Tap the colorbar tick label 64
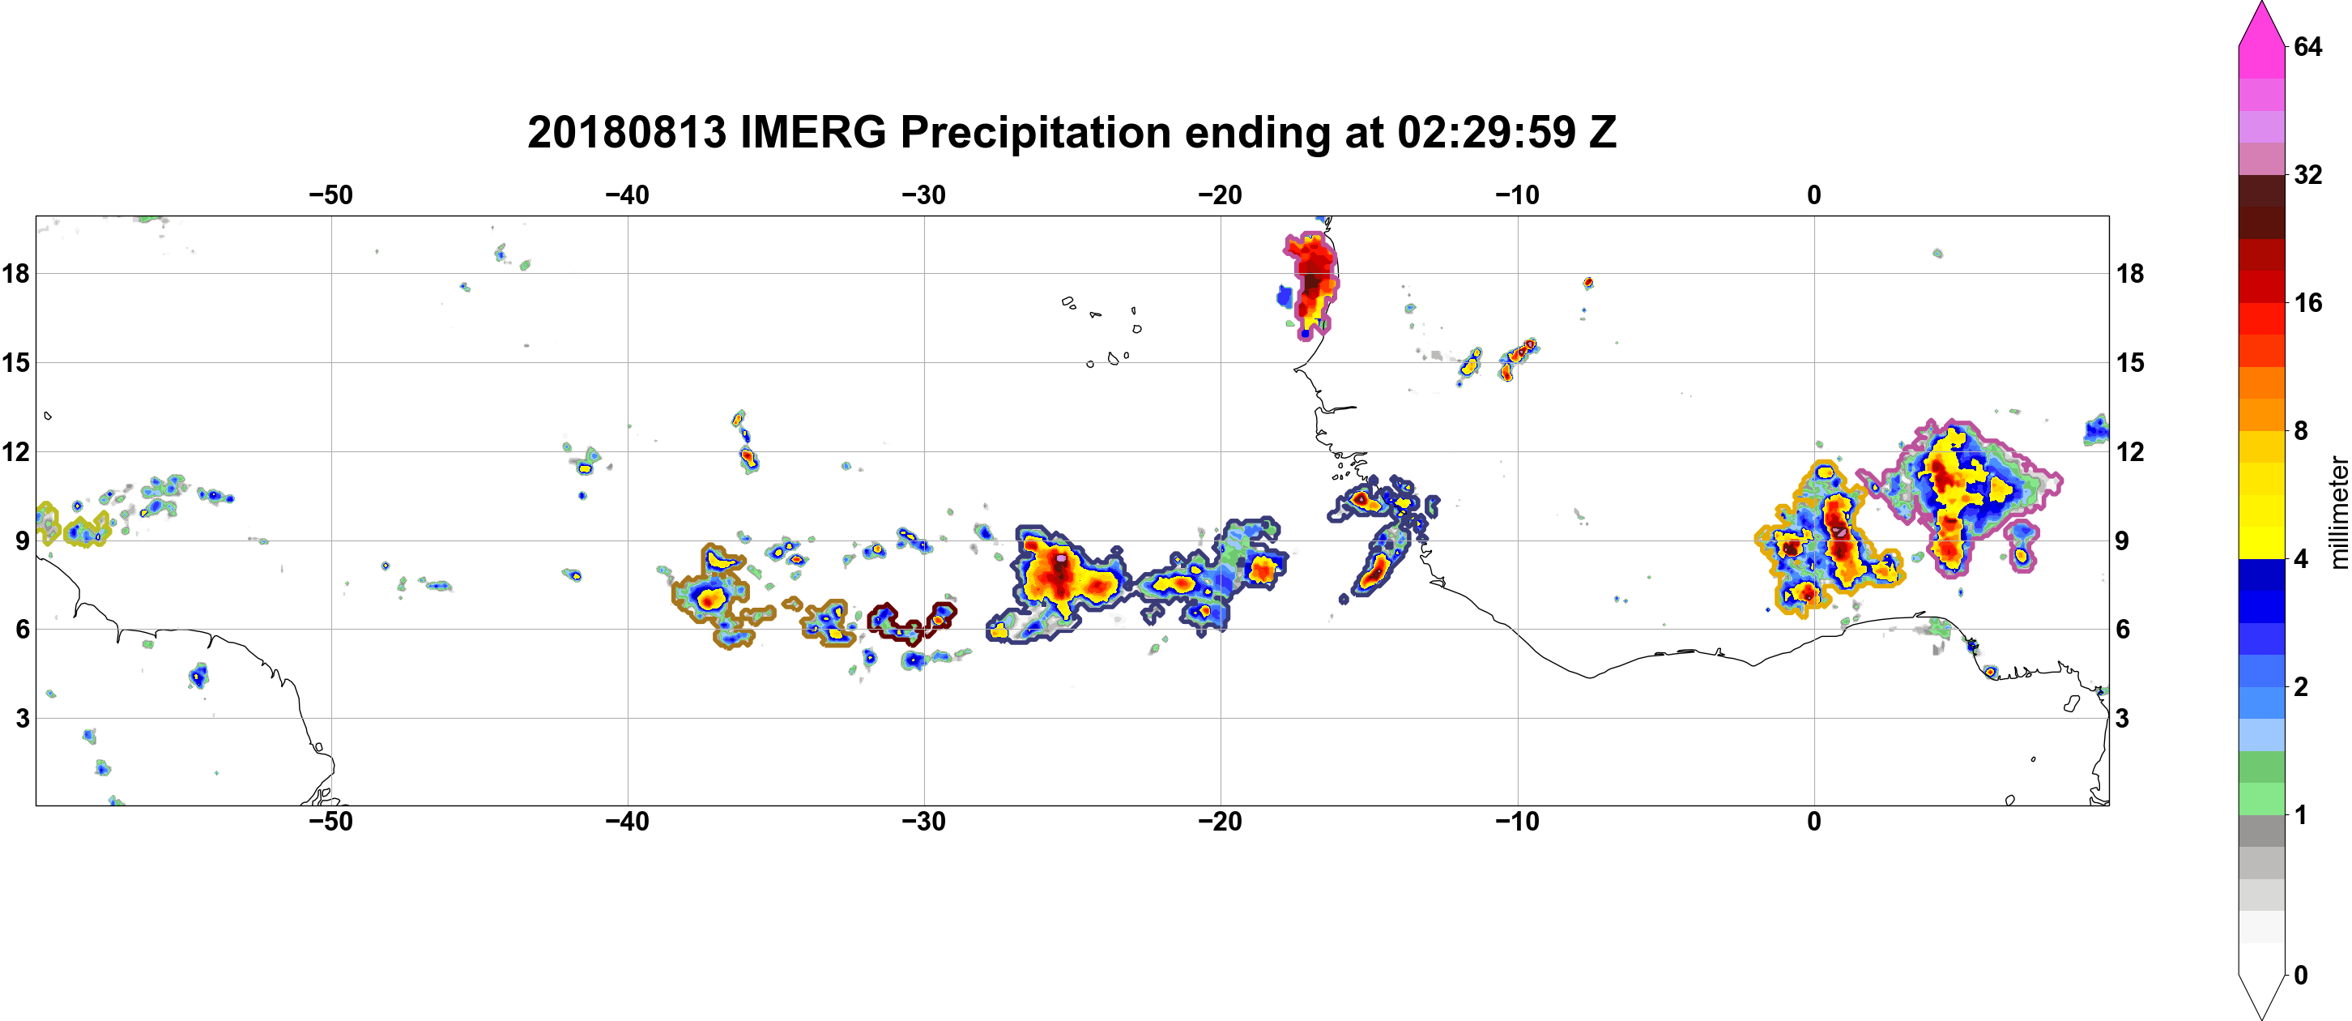pyautogui.click(x=2308, y=46)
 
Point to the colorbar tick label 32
pyautogui.click(x=2308, y=174)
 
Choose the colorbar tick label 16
pyautogui.click(x=2308, y=302)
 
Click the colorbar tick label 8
pyautogui.click(x=2301, y=430)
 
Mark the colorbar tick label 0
pyautogui.click(x=2301, y=976)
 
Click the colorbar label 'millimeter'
pyautogui.click(x=2338, y=512)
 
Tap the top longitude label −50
pyautogui.click(x=330, y=195)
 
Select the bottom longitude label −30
pyautogui.click(x=924, y=822)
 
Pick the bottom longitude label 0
pyautogui.click(x=1814, y=822)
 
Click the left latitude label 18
pyautogui.click(x=15, y=273)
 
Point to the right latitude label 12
pyautogui.click(x=2130, y=451)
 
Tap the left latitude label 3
pyautogui.click(x=22, y=718)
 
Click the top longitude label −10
pyautogui.click(x=1518, y=195)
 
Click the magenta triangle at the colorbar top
pyautogui.click(x=2260, y=23)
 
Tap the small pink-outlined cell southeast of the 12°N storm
pyautogui.click(x=2022, y=546)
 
